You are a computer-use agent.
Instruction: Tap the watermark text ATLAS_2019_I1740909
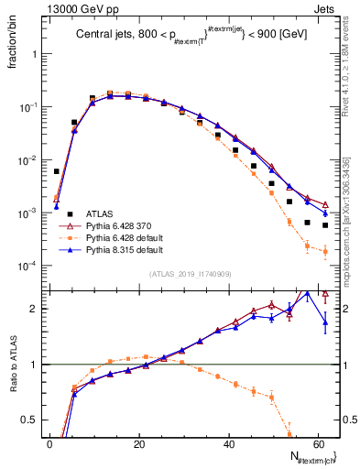pos(190,274)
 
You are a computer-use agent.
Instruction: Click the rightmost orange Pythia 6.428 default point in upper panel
pos(325,251)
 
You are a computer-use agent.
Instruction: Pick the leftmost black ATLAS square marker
pos(57,171)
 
